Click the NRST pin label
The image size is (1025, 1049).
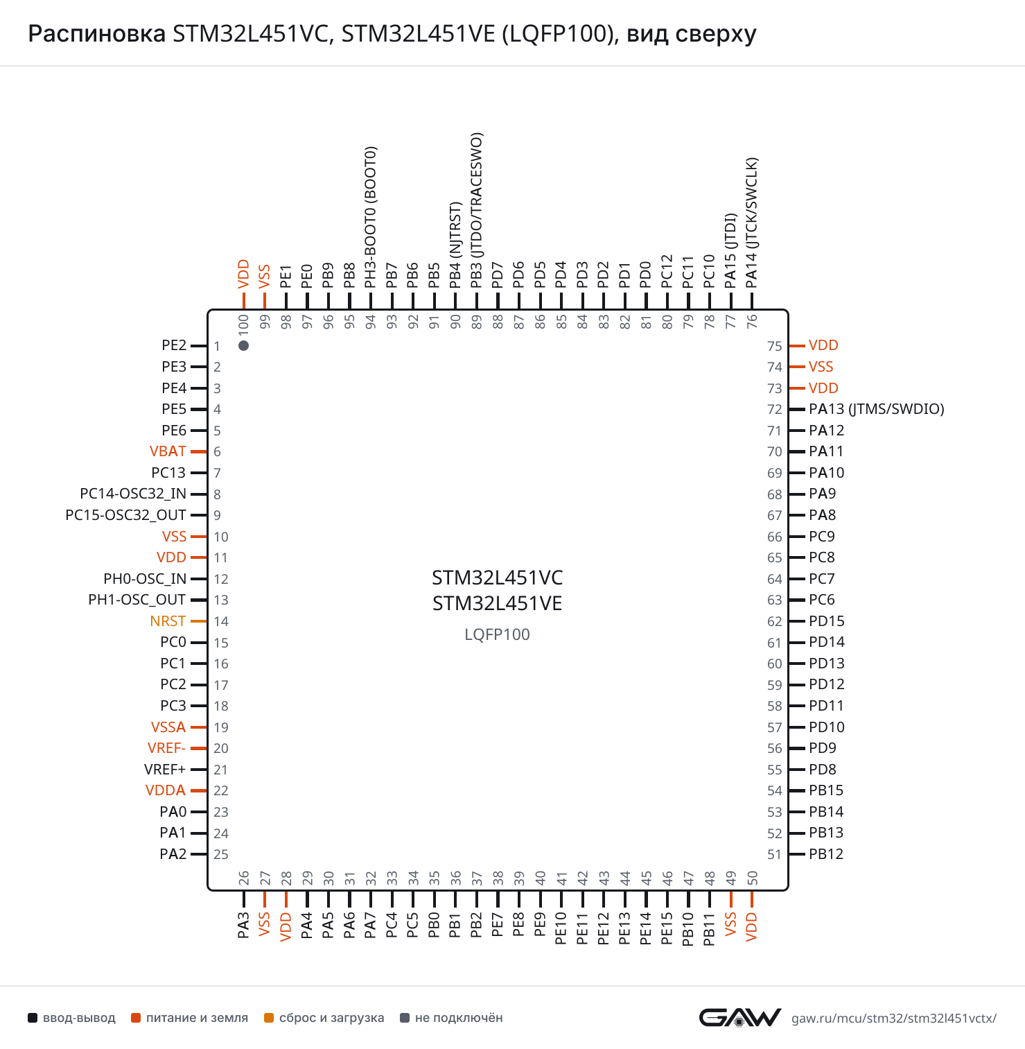(x=168, y=621)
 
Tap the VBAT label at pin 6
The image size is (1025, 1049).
(x=168, y=451)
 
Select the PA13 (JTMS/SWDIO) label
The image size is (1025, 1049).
(x=877, y=409)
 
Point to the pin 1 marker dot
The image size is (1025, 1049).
(x=243, y=345)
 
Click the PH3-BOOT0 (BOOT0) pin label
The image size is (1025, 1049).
(x=371, y=217)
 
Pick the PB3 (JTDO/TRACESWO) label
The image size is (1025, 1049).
(x=476, y=210)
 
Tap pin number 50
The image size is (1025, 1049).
(x=752, y=879)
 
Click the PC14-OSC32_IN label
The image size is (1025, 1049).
(x=133, y=494)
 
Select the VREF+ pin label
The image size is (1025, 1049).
(x=165, y=770)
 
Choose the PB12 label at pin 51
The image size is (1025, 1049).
(x=826, y=854)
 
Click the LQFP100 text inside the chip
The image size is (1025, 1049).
(x=497, y=634)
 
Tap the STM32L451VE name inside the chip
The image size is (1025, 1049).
(x=498, y=603)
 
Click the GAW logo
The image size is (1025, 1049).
(x=740, y=1018)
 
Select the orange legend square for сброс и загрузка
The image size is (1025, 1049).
(x=269, y=1018)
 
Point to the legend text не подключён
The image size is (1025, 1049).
(x=459, y=1018)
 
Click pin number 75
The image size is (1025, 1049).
(x=775, y=346)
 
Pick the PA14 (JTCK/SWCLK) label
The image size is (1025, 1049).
(x=752, y=223)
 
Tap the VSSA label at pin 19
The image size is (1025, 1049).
(x=168, y=727)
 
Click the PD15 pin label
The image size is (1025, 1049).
(x=827, y=621)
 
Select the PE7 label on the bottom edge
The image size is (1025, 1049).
(x=498, y=925)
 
